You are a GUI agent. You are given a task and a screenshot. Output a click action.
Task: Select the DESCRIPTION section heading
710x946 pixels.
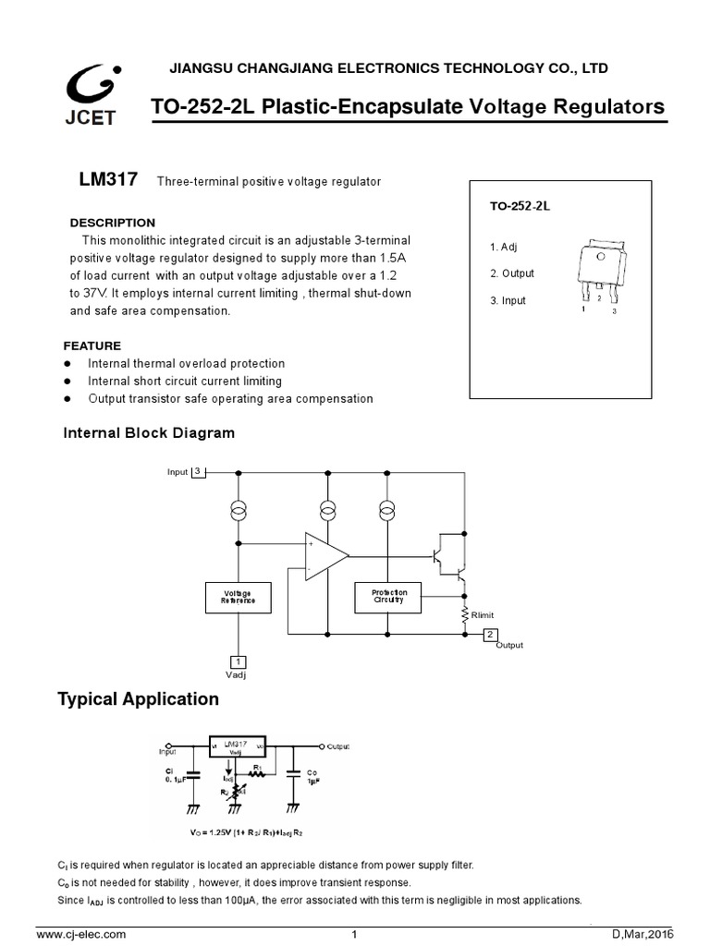pos(113,223)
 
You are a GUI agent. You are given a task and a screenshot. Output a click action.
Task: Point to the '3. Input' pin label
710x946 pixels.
pos(508,300)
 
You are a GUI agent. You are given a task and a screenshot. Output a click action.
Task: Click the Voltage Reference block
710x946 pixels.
pos(239,597)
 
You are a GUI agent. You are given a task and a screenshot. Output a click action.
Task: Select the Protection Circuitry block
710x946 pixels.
pos(388,597)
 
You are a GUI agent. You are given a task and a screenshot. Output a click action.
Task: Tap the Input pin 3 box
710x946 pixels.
pos(198,472)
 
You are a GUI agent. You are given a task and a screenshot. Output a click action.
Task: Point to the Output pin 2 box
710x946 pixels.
pos(491,634)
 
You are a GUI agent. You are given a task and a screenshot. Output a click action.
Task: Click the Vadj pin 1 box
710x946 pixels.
pos(239,661)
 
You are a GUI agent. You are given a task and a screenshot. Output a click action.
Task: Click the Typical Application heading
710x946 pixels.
pos(139,699)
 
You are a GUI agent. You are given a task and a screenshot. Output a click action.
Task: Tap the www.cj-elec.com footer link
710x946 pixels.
pos(80,935)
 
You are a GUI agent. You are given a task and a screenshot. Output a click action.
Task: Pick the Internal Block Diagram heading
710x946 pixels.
pos(148,432)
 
